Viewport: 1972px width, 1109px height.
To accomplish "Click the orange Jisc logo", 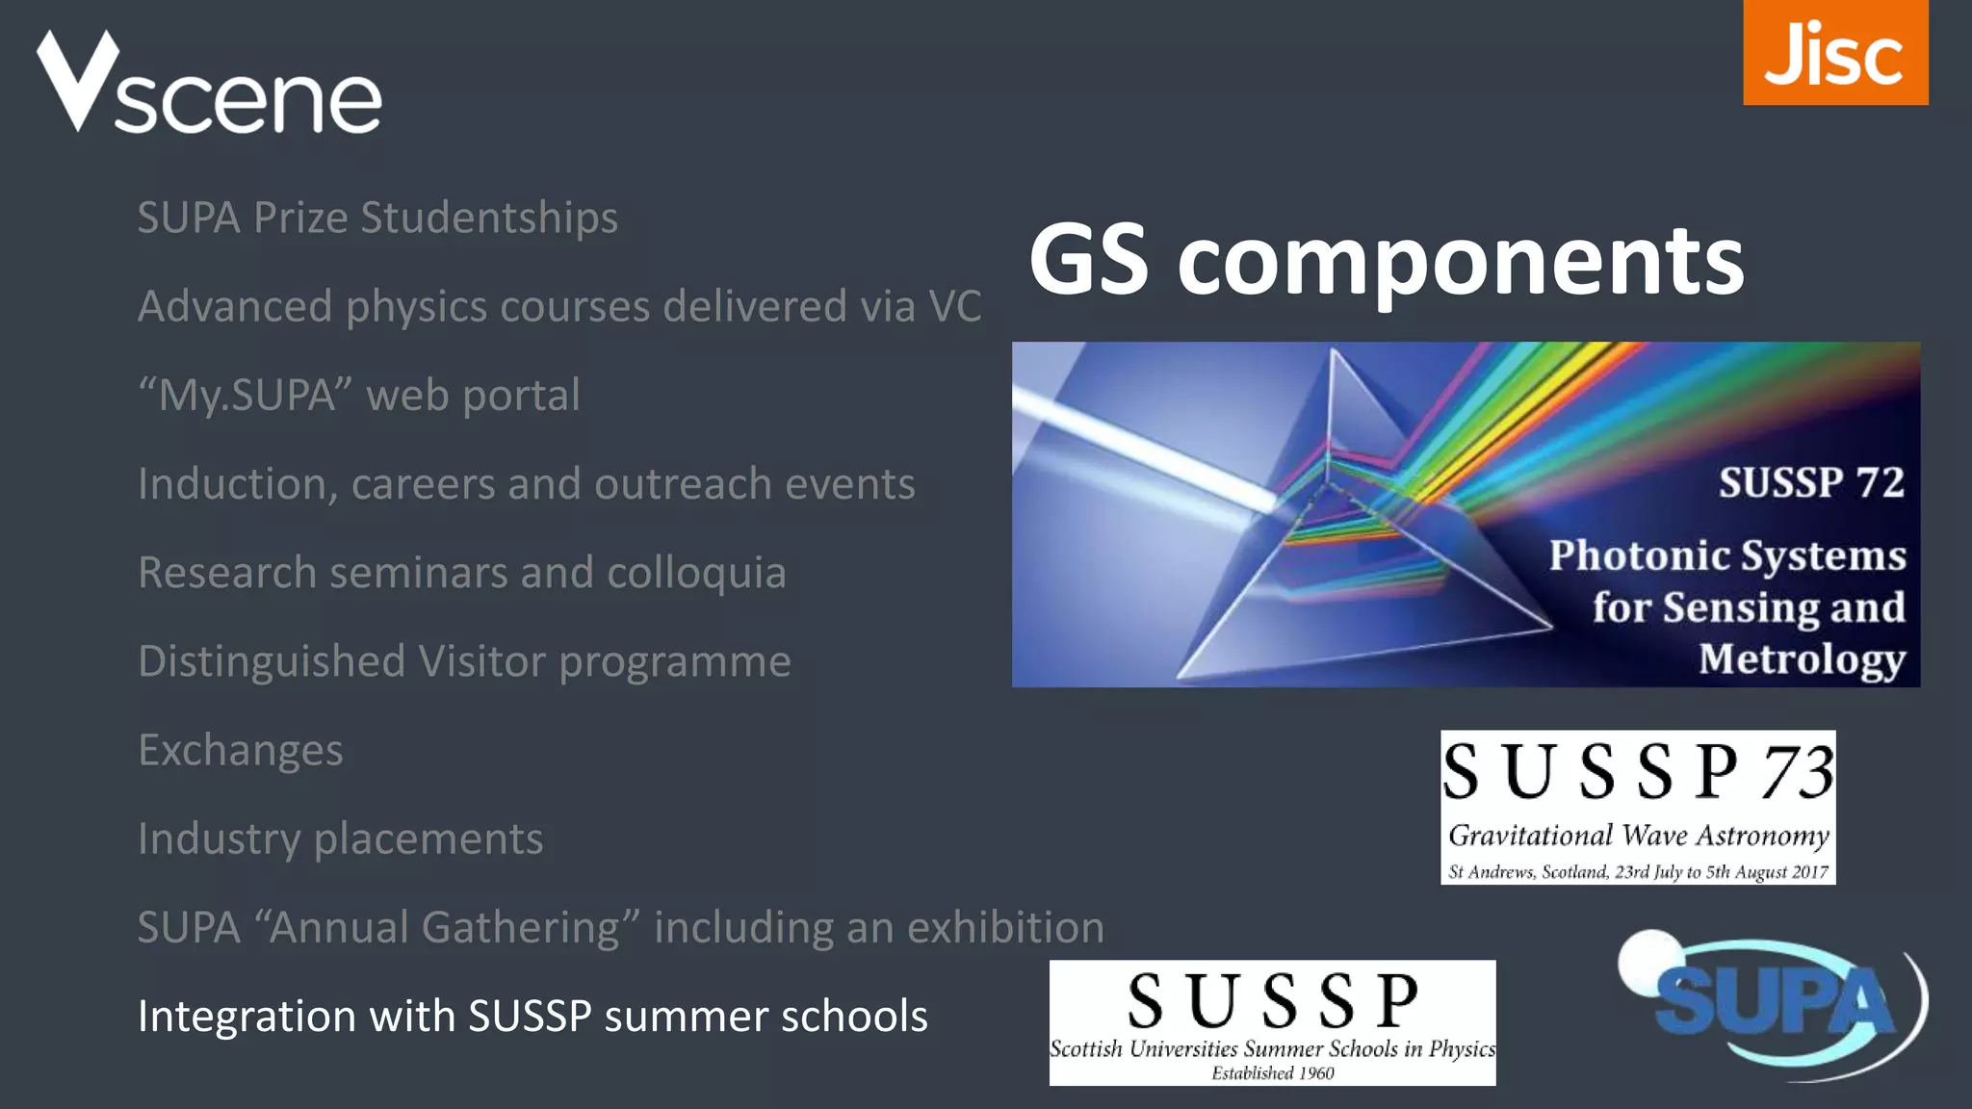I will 1834,53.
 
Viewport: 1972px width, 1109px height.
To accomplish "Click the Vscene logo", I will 209,84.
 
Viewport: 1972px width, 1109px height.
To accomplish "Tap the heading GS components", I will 1386,260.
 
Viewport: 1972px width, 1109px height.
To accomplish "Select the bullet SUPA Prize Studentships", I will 377,218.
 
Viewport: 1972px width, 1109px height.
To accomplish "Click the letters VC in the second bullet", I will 954,306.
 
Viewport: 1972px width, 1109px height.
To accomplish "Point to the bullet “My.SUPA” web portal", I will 359,395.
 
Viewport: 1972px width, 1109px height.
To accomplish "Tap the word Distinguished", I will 272,661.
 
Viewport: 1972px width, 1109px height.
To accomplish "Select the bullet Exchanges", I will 241,750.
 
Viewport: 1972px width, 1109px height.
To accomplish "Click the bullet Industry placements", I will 340,838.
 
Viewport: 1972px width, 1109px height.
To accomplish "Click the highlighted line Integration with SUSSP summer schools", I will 532,1017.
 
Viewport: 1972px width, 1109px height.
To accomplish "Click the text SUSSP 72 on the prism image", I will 1811,482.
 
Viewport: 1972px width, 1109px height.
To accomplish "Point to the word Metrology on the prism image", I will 1802,659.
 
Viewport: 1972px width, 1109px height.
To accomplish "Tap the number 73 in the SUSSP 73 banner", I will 1797,772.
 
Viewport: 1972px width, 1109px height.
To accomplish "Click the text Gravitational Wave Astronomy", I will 1638,836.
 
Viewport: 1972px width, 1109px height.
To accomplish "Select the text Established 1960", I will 1272,1073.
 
